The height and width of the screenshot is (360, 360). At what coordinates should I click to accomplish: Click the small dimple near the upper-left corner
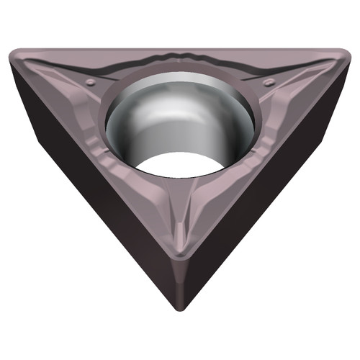tap(89, 84)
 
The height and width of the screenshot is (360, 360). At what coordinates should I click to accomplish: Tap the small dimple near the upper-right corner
tap(269, 83)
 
